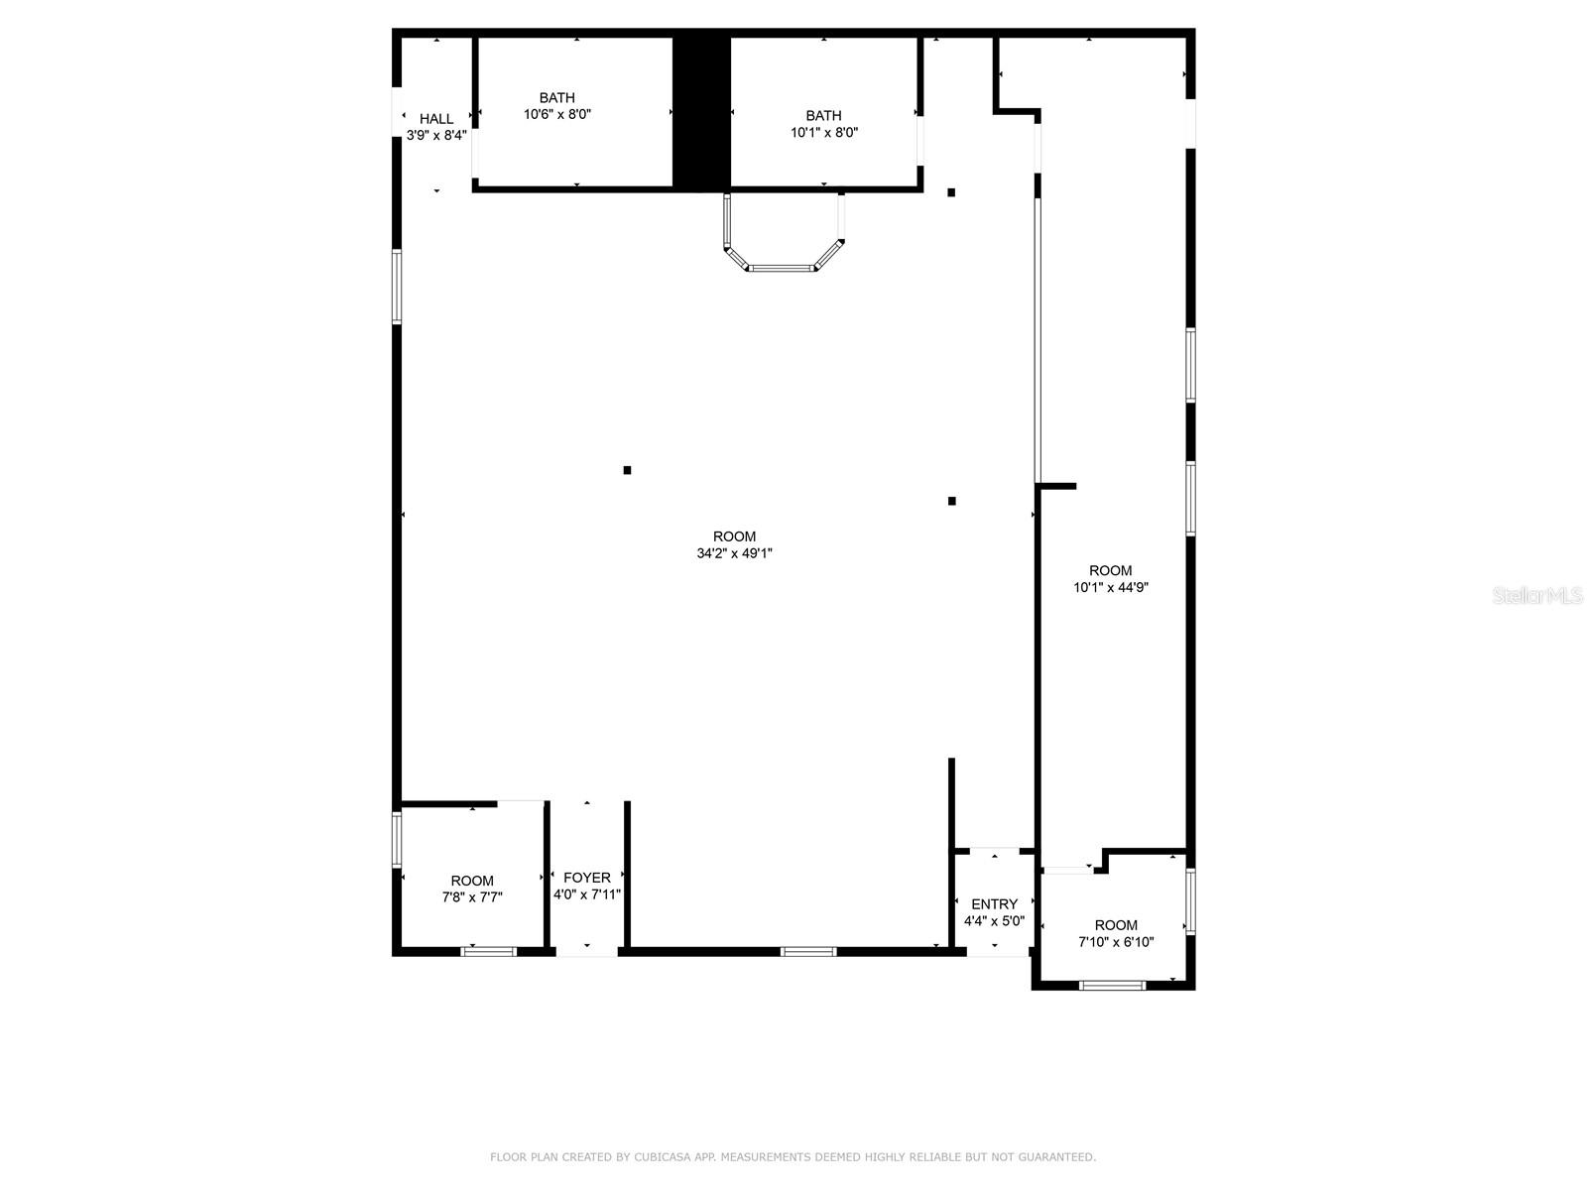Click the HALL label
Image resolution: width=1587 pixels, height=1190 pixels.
(x=436, y=119)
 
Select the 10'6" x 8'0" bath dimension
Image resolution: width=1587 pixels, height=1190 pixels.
(x=557, y=114)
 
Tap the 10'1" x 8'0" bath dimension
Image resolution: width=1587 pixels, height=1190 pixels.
(x=823, y=132)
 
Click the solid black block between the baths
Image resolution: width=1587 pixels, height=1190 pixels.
(x=701, y=111)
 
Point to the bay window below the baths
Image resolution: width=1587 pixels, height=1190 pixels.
(x=784, y=263)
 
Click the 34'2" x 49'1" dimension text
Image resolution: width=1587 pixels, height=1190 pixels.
(x=734, y=553)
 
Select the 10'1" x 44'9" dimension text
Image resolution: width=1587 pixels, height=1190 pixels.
(x=1110, y=587)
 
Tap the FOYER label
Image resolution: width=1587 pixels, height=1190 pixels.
(x=587, y=878)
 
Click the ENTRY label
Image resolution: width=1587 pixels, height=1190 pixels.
(x=994, y=904)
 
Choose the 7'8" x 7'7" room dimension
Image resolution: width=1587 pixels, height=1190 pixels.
(x=472, y=897)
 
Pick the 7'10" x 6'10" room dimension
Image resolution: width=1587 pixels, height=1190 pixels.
(x=1116, y=942)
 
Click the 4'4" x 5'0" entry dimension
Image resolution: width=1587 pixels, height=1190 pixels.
(x=994, y=921)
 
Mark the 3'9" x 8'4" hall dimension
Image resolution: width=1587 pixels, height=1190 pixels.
(x=436, y=136)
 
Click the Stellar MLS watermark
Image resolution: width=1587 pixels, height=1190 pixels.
(x=1537, y=596)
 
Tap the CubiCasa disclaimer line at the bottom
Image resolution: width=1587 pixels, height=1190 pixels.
(x=793, y=1157)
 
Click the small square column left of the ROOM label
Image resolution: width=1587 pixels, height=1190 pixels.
(x=627, y=470)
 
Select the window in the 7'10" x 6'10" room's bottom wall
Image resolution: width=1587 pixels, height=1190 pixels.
(x=1112, y=985)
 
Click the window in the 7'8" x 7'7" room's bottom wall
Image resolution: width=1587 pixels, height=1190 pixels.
(x=489, y=952)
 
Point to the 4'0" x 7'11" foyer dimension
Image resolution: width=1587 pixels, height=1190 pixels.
(x=587, y=894)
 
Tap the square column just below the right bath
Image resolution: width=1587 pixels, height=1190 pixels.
(x=951, y=192)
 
